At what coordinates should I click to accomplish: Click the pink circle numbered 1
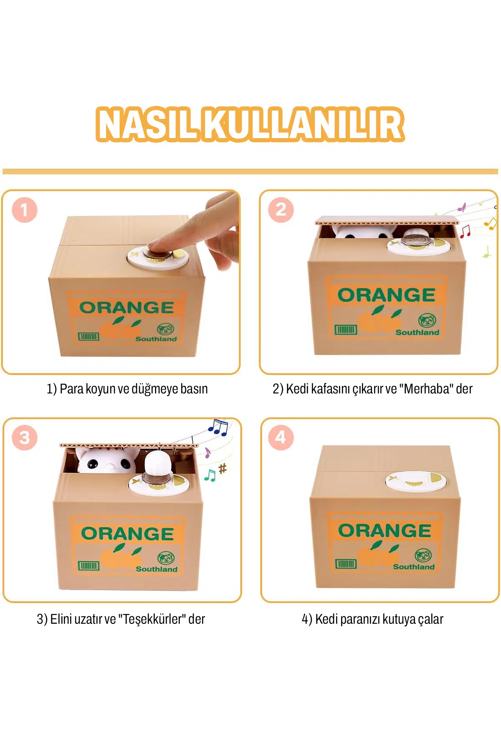coord(25,210)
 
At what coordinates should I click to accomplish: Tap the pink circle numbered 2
coord(281,210)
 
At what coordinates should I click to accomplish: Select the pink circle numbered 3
coord(25,438)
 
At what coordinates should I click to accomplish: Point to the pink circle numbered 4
coord(281,437)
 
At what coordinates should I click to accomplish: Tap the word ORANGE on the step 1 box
coord(127,307)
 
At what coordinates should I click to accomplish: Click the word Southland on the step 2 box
coord(417,333)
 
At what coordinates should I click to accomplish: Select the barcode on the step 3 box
coord(89,566)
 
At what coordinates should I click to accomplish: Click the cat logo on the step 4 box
coord(423,555)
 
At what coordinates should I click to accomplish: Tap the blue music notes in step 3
coord(218,427)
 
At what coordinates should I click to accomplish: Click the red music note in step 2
coord(465,231)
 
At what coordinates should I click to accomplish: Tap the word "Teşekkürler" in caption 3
coord(152,619)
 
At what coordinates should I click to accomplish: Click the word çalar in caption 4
coord(430,620)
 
